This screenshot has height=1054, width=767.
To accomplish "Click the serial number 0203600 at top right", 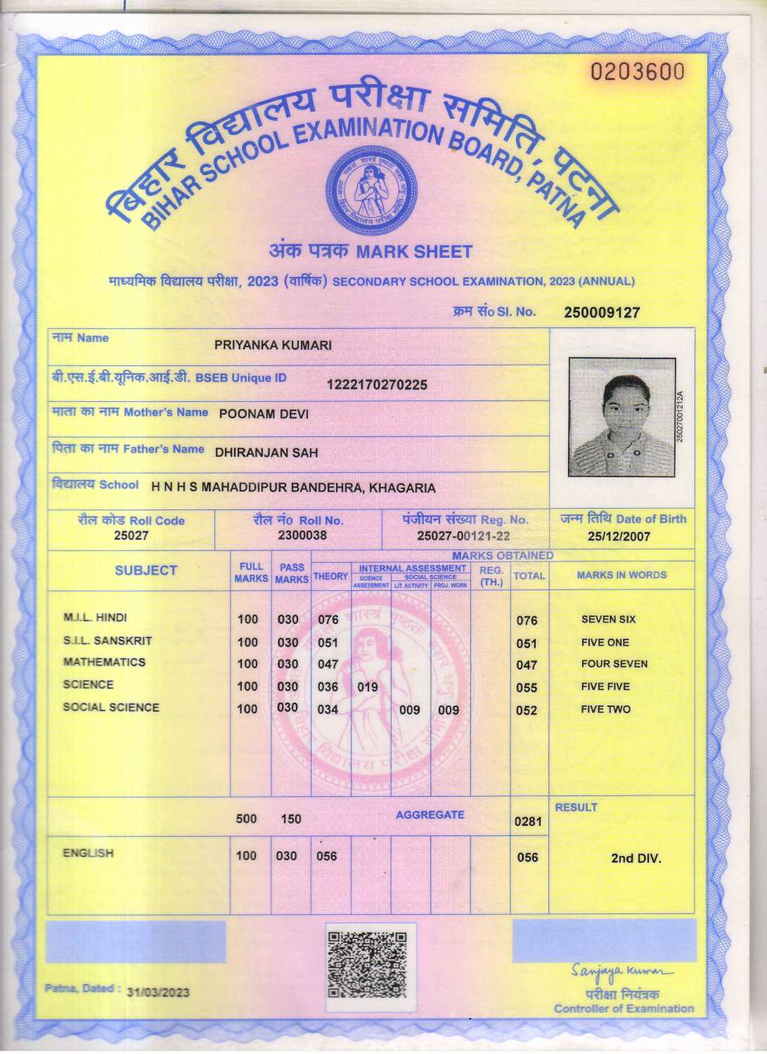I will click(x=637, y=72).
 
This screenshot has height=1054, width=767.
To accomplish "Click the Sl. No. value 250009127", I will click(x=602, y=313).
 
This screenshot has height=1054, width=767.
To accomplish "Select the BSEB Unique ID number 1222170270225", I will click(x=377, y=384).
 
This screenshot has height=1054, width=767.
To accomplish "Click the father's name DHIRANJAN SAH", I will click(x=266, y=453).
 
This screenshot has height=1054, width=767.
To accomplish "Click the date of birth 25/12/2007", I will click(x=619, y=537).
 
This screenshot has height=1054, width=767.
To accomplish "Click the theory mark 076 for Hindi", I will click(x=328, y=620).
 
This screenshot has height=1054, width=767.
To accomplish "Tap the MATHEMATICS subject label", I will click(x=104, y=663).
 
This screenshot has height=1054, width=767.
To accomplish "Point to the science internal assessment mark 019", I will click(x=368, y=687).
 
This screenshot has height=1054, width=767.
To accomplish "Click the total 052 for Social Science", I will click(x=527, y=710).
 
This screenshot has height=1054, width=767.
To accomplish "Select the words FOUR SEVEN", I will click(x=614, y=664).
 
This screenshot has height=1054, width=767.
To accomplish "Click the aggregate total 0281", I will click(x=527, y=821).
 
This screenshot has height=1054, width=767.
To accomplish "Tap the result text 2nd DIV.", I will click(x=636, y=858).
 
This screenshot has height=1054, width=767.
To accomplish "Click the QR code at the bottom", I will click(x=368, y=964).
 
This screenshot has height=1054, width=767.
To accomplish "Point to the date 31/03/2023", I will click(x=158, y=992).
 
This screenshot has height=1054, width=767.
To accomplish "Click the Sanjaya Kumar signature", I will click(x=622, y=972).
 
